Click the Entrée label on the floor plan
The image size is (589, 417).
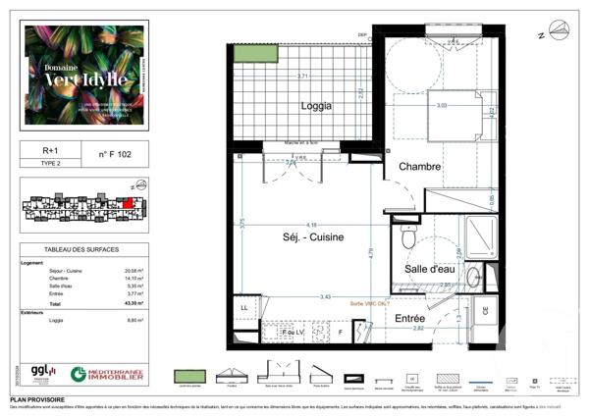coord(409,319)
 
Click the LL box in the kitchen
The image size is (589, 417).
coord(244,308)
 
